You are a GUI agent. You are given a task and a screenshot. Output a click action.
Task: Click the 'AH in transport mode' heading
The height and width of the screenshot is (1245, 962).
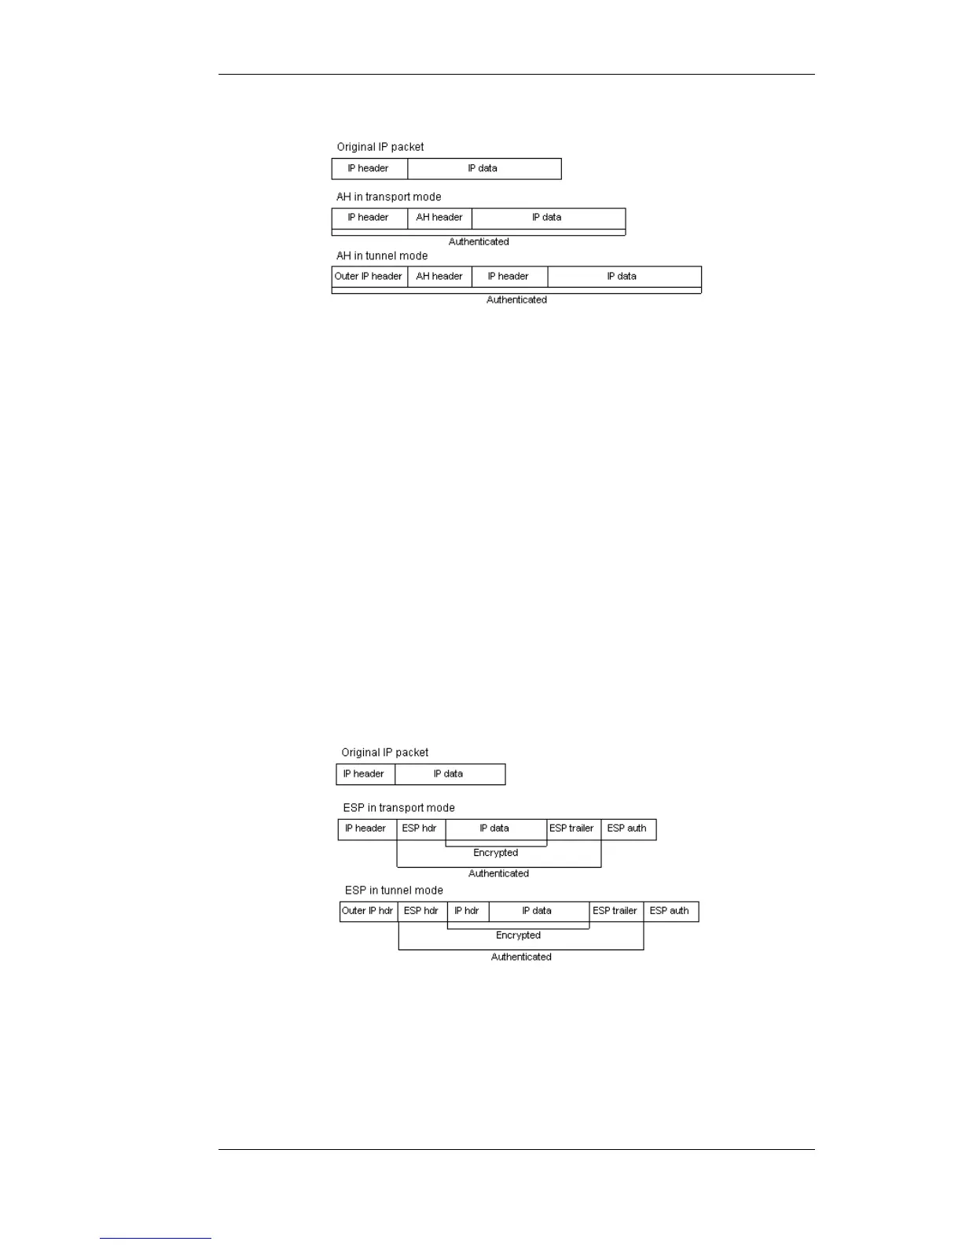pos(388,196)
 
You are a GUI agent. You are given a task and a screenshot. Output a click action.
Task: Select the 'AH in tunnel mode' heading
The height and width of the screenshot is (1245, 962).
pos(382,255)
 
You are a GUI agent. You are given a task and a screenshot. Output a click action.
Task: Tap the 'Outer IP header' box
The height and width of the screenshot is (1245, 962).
pos(369,277)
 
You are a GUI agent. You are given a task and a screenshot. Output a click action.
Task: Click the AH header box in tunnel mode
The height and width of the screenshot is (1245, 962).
pos(439,277)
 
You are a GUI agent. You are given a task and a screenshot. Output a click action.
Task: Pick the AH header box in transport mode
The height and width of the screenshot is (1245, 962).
pos(439,218)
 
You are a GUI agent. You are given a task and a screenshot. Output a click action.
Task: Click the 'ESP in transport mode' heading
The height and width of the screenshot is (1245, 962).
pos(398,807)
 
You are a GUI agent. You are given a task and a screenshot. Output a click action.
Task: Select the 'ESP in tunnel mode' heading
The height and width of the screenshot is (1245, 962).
pos(394,890)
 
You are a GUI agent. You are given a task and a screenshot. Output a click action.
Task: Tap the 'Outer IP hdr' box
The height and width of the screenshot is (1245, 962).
pos(368,911)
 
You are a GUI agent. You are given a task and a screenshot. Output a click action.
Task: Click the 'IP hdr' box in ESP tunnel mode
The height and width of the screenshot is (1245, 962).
pos(467,911)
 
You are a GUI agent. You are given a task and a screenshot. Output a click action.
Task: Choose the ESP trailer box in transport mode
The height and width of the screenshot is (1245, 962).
pos(572,828)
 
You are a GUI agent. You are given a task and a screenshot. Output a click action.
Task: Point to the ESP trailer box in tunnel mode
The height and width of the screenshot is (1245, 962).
pos(615,911)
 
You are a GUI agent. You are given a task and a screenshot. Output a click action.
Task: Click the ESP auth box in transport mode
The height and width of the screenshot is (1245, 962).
pos(627,828)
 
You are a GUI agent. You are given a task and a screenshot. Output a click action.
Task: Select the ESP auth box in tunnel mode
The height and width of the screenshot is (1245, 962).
pos(670,911)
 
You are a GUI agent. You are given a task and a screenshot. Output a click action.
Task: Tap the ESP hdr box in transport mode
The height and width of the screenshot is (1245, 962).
pos(420,828)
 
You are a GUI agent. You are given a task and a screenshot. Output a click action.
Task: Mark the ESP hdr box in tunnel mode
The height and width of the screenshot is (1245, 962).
pos(421,911)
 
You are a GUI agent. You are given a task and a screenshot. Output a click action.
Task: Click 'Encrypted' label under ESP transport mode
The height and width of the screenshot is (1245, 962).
pos(495,853)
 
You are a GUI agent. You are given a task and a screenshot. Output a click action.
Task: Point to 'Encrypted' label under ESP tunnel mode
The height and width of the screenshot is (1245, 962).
pos(518,935)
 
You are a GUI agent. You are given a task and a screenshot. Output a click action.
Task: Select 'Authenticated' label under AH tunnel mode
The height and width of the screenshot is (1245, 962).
pos(516,299)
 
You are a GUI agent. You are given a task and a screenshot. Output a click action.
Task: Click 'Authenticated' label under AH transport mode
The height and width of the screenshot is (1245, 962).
pos(479,241)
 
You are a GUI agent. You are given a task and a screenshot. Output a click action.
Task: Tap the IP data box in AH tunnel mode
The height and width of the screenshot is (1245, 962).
pos(622,277)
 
